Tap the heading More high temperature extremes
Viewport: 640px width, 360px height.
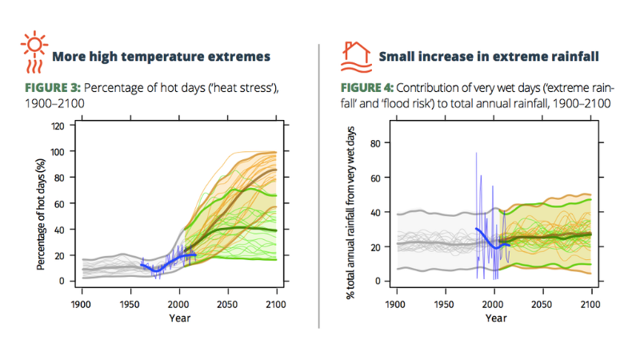tap(160, 56)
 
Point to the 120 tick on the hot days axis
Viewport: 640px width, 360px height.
tap(57, 126)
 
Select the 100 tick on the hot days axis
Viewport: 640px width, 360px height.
tap(57, 151)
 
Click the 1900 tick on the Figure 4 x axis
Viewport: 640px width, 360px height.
tap(397, 305)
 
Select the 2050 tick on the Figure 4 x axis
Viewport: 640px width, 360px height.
tap(543, 305)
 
